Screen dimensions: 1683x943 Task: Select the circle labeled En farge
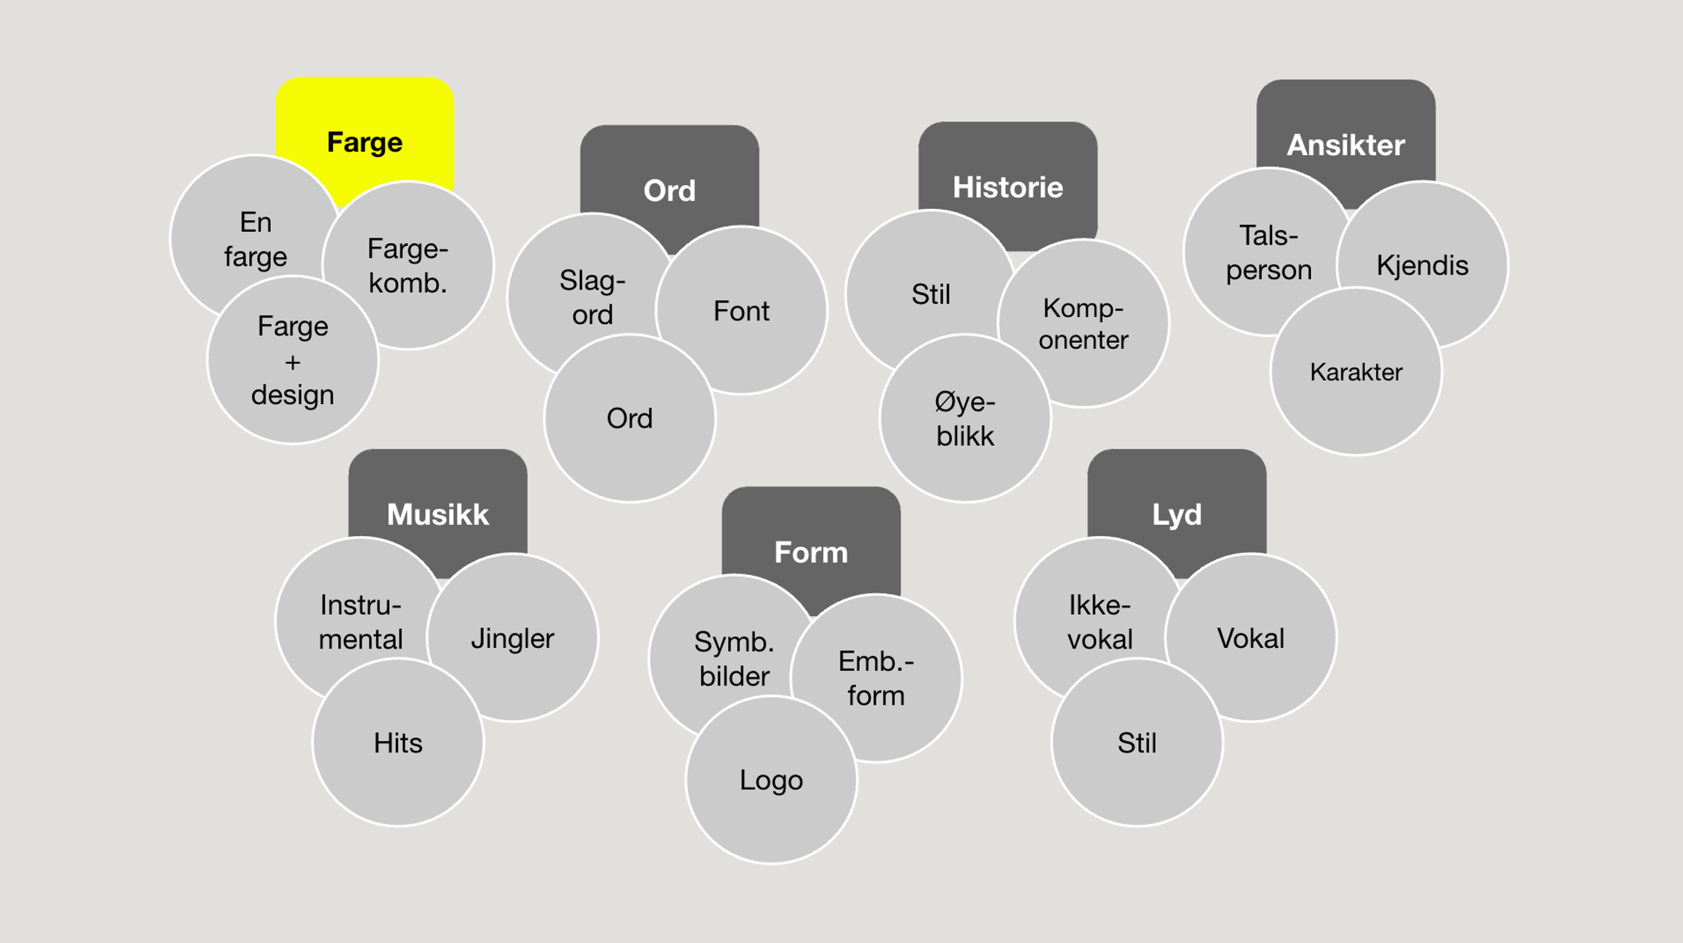pyautogui.click(x=255, y=239)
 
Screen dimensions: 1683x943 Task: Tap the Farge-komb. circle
pyautogui.click(x=408, y=265)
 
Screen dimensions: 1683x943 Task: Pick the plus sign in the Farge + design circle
pyautogui.click(x=293, y=362)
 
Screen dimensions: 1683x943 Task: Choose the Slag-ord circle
pyautogui.click(x=592, y=297)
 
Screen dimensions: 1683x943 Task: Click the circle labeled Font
pyautogui.click(x=741, y=311)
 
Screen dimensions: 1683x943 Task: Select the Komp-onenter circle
pyautogui.click(x=1083, y=324)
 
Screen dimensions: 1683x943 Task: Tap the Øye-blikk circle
pyautogui.click(x=965, y=419)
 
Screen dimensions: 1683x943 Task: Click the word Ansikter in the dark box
pyautogui.click(x=1346, y=145)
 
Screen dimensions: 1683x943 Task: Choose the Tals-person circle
pyautogui.click(x=1268, y=252)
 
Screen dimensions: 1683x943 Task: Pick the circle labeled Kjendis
pyautogui.click(x=1422, y=265)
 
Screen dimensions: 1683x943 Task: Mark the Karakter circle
pyautogui.click(x=1356, y=372)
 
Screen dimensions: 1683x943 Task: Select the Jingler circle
pyautogui.click(x=512, y=638)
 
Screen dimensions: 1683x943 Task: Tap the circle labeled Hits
pyautogui.click(x=398, y=743)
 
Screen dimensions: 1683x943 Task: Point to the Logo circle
pyautogui.click(x=771, y=780)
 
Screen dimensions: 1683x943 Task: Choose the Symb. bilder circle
pyautogui.click(x=734, y=658)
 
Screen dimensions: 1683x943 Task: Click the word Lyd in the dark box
pyautogui.click(x=1177, y=515)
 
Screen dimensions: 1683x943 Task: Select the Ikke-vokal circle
pyautogui.click(x=1099, y=622)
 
